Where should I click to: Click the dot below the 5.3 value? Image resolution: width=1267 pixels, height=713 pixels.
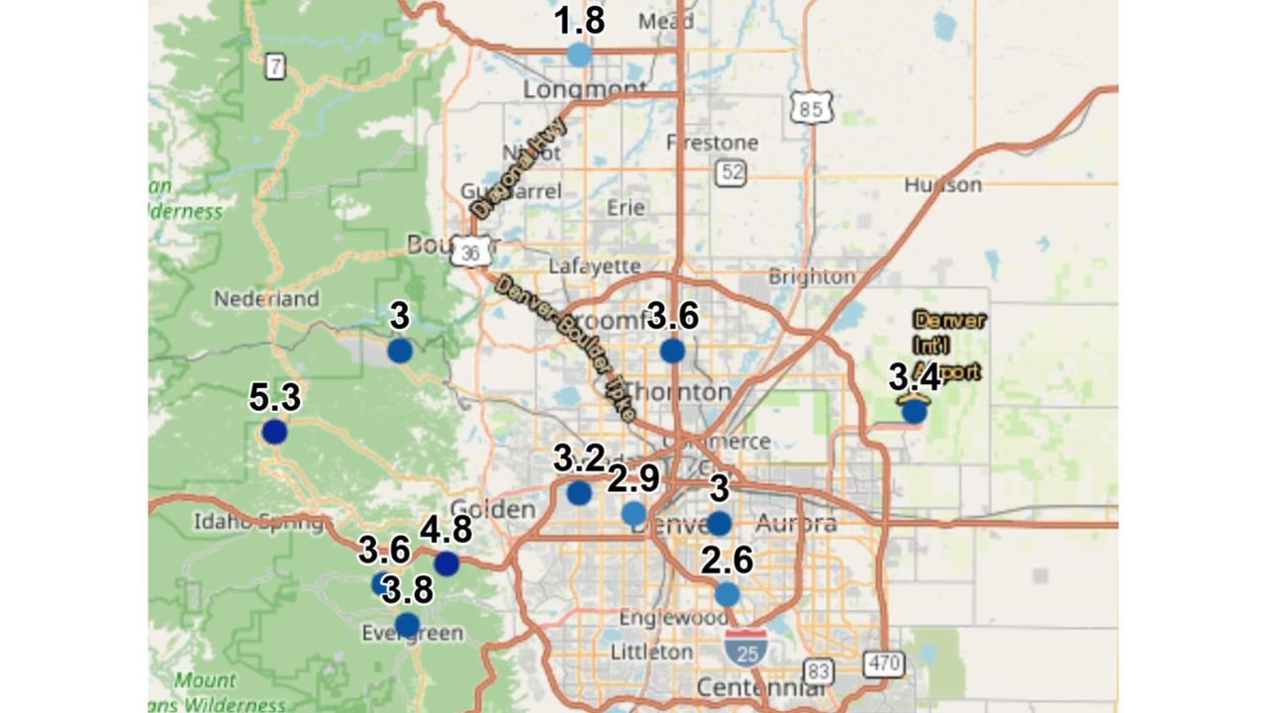point(274,432)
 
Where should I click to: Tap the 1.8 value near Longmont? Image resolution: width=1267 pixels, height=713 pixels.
point(579,21)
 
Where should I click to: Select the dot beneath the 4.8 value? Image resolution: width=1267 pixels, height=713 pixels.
point(446,563)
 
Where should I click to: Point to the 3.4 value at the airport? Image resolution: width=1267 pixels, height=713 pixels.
point(914,377)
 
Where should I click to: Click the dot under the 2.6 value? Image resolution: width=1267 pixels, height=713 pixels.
point(727,594)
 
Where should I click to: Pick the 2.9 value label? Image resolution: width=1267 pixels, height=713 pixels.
point(633,479)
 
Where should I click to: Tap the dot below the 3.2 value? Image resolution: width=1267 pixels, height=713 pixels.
point(579,492)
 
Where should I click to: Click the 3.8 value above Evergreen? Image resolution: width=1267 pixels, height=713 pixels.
point(407,590)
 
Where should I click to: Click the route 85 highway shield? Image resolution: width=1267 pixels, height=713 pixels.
point(812,109)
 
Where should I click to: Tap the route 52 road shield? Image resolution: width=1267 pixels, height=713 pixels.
point(731,172)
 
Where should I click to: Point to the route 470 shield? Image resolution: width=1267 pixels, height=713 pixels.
point(883,662)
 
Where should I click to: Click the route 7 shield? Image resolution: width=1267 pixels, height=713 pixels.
point(275,67)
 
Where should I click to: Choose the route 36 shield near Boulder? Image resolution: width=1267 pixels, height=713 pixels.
point(470,253)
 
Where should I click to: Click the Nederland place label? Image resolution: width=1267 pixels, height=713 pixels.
point(266,298)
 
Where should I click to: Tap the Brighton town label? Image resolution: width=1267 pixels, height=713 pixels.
point(812,277)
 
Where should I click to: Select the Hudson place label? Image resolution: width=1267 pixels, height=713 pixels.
point(942,185)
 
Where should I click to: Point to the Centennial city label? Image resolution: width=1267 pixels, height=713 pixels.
point(761,687)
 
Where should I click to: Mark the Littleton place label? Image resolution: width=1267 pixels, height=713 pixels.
point(651,652)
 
